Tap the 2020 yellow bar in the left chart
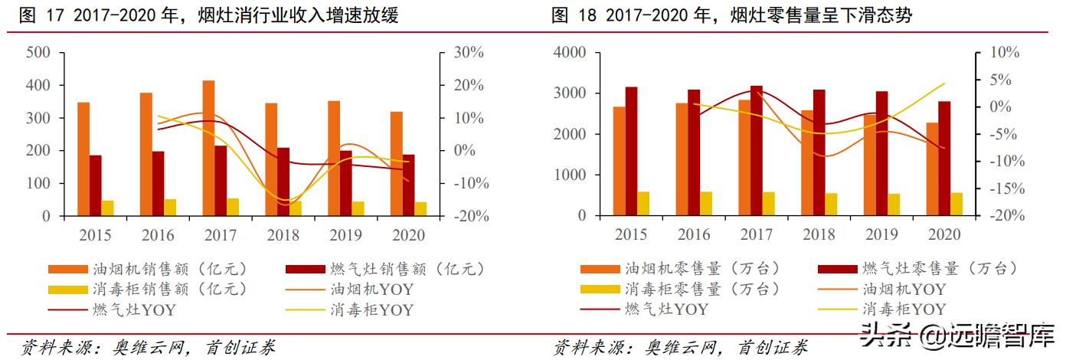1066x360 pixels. tap(420, 208)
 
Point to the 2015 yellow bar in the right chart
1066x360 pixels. tap(643, 204)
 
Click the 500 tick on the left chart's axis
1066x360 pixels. tap(38, 52)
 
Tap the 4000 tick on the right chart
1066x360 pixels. tap(570, 52)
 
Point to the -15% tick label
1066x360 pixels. tap(1002, 188)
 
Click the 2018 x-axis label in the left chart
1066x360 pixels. tap(283, 234)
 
